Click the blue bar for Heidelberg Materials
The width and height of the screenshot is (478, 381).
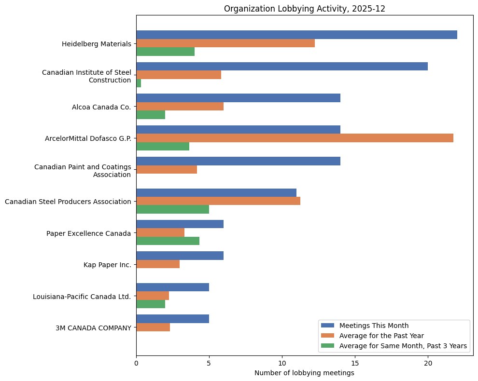tap(296, 35)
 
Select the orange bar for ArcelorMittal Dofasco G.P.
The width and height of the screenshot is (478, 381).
tap(295, 138)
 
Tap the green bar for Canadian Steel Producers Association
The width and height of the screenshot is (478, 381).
tap(172, 209)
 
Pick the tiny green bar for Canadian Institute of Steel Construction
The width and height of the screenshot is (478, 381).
tap(139, 83)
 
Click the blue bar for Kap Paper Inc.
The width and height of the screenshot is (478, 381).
tap(180, 256)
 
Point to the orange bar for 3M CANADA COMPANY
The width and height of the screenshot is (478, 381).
tap(153, 327)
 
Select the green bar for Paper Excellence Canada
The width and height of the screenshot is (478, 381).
tap(168, 241)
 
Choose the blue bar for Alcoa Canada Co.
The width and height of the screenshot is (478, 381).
tap(238, 98)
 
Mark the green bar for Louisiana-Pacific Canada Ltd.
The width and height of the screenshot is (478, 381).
tap(151, 304)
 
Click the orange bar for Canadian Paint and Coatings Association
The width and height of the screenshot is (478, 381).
tap(167, 170)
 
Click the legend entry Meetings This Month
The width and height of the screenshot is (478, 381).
tap(374, 325)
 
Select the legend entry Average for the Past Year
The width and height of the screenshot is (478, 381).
tap(381, 335)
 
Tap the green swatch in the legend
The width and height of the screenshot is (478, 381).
tap(327, 346)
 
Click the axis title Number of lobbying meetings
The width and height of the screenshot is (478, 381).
tap(304, 373)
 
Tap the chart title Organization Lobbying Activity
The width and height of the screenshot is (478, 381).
tap(304, 9)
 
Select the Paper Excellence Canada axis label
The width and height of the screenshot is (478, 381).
tap(89, 233)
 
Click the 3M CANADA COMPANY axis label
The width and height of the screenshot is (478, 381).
tap(93, 328)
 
